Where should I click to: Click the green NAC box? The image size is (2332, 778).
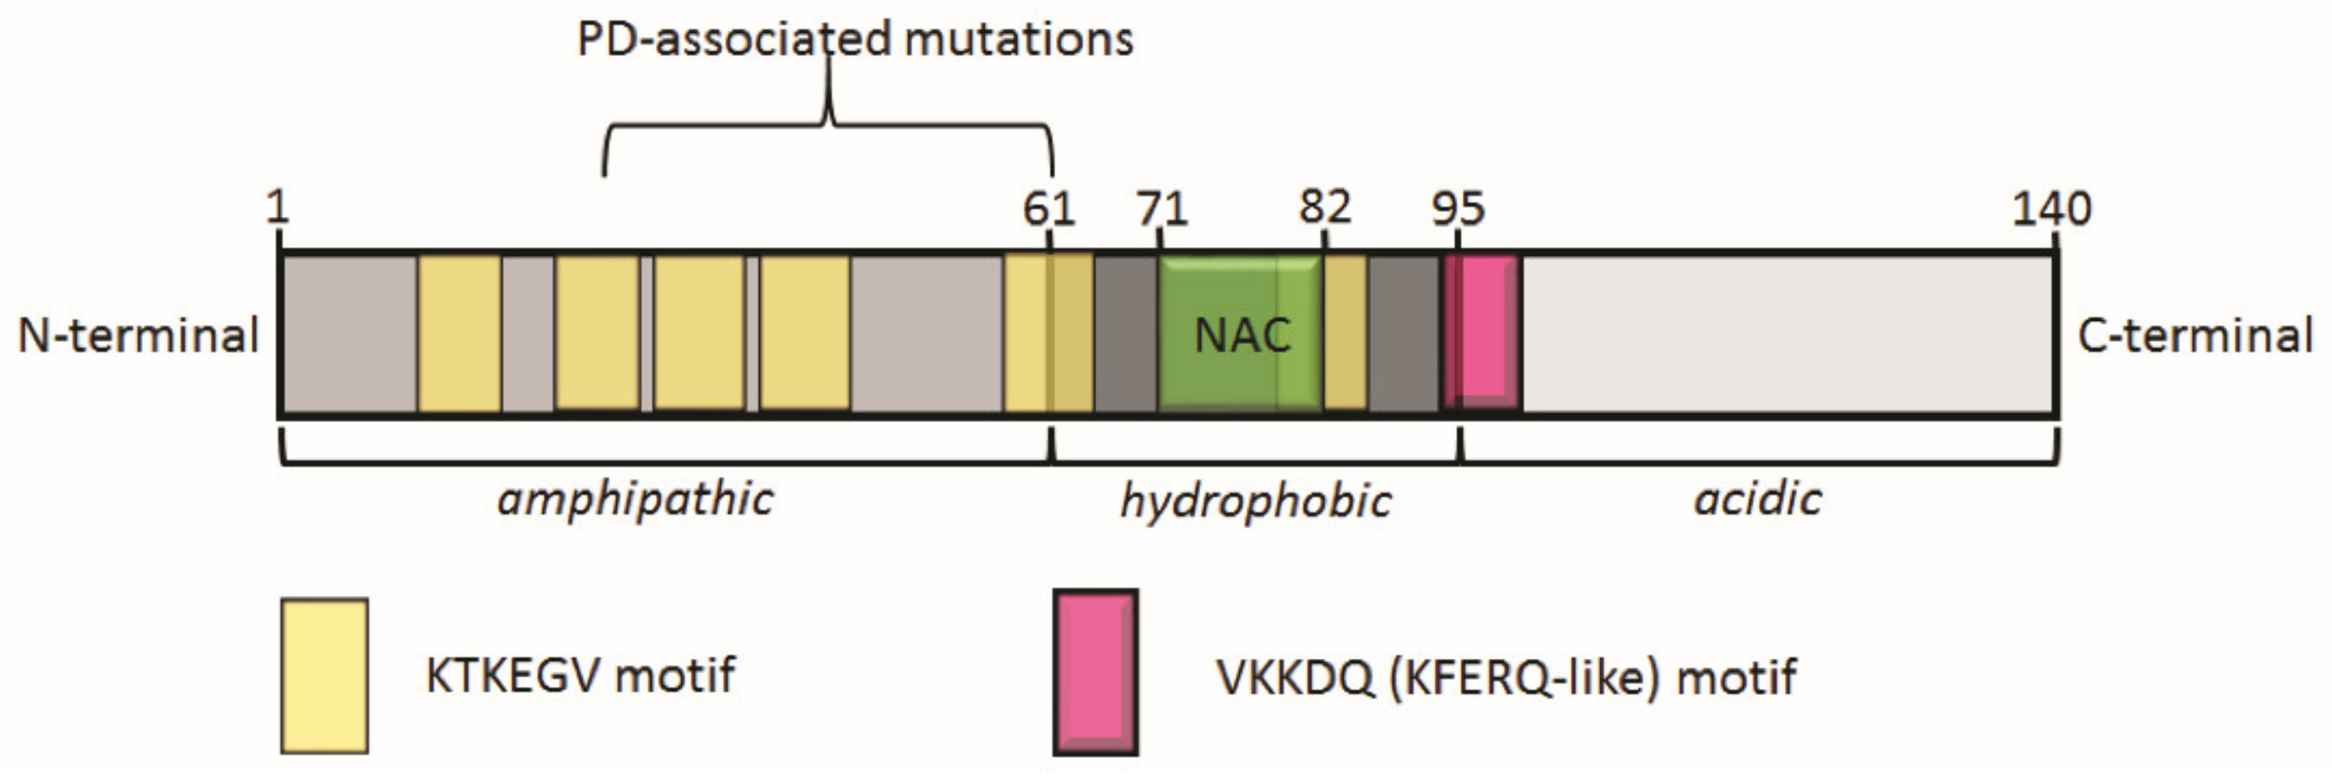1239,335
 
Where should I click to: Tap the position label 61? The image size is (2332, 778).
1048,209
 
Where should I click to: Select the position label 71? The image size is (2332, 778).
1161,209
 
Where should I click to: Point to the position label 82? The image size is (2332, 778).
1324,208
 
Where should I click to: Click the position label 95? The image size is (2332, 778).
1458,209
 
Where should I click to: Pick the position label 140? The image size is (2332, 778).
2051,209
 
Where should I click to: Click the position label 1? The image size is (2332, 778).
277,208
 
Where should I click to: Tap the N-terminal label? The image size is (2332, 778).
138,335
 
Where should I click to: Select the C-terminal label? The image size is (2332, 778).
2194,335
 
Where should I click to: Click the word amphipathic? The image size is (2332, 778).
636,499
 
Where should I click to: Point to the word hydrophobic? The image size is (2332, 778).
1256,501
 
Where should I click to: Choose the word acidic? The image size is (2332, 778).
1757,499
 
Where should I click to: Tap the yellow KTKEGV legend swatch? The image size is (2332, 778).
324,676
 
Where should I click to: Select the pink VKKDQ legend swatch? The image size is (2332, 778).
1096,672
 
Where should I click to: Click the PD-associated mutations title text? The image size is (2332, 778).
855,40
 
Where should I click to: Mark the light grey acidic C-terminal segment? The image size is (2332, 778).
1788,335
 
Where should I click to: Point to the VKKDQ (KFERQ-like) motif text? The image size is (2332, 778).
1507,677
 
